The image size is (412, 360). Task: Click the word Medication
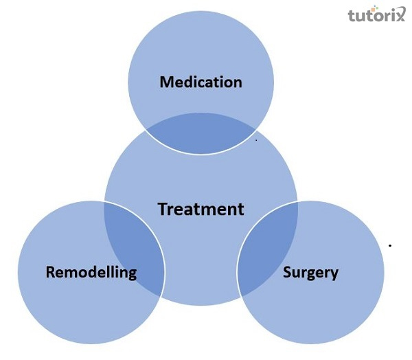point(201,82)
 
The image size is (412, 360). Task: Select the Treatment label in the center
point(201,209)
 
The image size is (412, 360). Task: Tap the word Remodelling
point(91,272)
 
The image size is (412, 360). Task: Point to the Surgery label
point(310,272)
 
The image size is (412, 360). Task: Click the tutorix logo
point(374,16)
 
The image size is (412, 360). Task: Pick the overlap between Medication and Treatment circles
point(201,134)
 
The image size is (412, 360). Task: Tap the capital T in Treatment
point(163,209)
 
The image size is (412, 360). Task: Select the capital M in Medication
point(166,82)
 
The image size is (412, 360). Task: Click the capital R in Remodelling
point(50,272)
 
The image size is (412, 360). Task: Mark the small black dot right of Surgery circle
point(390,245)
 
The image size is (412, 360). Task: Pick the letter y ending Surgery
point(334,274)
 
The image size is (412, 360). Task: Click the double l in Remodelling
point(110,271)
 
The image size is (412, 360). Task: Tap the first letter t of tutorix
point(352,16)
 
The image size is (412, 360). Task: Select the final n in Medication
point(238,83)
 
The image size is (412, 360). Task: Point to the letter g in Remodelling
point(132,274)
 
